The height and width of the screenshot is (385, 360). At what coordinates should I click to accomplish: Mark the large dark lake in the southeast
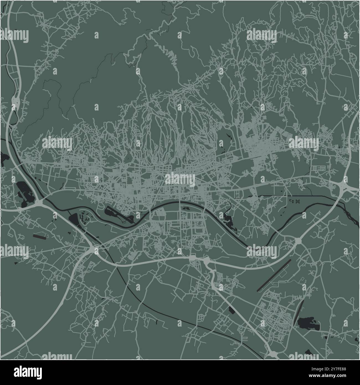pos(308,323)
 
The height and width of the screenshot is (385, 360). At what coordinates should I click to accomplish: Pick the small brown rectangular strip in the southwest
pos(40,237)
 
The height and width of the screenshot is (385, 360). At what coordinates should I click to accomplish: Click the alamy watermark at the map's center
pos(180,179)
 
